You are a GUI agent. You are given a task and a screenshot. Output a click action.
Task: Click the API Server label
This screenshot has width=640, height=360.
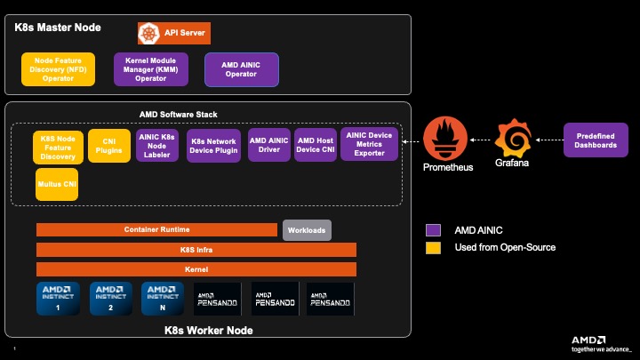185,33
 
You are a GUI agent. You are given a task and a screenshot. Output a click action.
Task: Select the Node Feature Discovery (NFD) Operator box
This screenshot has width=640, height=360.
57,69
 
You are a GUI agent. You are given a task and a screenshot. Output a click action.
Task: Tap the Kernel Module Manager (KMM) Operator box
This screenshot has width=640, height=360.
151,69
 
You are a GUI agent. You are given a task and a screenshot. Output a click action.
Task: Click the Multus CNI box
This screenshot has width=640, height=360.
58,184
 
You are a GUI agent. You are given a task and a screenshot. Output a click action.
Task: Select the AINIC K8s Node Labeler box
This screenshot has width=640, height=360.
157,145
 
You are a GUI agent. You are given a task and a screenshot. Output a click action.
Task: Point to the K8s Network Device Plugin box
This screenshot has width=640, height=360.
213,146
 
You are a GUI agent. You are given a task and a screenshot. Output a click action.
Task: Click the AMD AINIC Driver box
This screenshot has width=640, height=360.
269,145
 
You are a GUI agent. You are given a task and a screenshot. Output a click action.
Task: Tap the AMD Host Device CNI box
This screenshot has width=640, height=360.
316,145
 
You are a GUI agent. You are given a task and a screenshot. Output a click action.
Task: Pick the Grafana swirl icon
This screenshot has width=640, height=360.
512,139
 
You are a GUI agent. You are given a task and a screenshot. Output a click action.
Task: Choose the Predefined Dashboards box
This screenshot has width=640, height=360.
596,140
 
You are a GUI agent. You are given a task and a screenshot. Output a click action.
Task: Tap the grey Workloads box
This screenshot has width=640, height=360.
307,229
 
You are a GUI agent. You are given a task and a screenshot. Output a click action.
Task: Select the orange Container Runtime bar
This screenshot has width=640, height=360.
156,229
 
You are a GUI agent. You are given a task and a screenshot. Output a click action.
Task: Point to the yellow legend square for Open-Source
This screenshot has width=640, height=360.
433,247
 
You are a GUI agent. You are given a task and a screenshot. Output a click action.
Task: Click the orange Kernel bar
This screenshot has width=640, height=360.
196,268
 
